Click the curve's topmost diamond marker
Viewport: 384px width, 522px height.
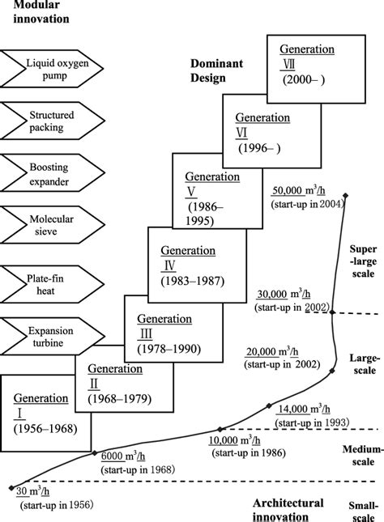tap(346, 195)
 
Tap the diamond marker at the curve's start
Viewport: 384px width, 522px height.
tap(10, 489)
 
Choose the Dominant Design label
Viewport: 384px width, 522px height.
tap(215, 70)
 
